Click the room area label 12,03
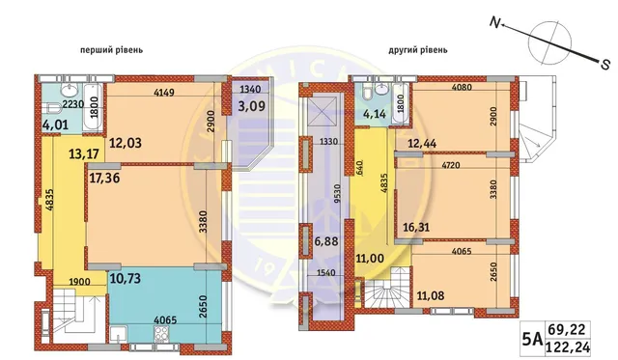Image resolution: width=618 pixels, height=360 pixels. tap(125, 143)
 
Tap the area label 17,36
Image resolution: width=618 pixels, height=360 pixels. tap(104, 178)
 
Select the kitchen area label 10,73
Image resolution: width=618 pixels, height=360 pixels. tap(126, 278)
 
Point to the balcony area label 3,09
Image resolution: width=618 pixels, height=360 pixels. tap(251, 106)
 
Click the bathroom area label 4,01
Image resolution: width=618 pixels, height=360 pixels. tap(55, 125)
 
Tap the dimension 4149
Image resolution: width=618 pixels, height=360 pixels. tap(164, 93)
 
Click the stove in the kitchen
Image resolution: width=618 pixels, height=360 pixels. tap(160, 336)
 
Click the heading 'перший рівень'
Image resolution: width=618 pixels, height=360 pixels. tap(111, 50)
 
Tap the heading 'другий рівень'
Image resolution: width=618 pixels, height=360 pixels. tap(418, 50)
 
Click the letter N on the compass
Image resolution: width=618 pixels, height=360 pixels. tap(494, 22)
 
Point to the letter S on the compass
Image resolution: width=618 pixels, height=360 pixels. tap(605, 65)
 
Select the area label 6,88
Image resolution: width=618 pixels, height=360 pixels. tap(325, 240)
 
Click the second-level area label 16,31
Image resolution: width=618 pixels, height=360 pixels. tap(416, 227)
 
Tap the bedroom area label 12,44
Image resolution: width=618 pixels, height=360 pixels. tap(422, 144)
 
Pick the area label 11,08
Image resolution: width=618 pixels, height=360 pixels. tap(431, 295)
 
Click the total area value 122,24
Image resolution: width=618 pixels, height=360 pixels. tap(568, 347)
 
